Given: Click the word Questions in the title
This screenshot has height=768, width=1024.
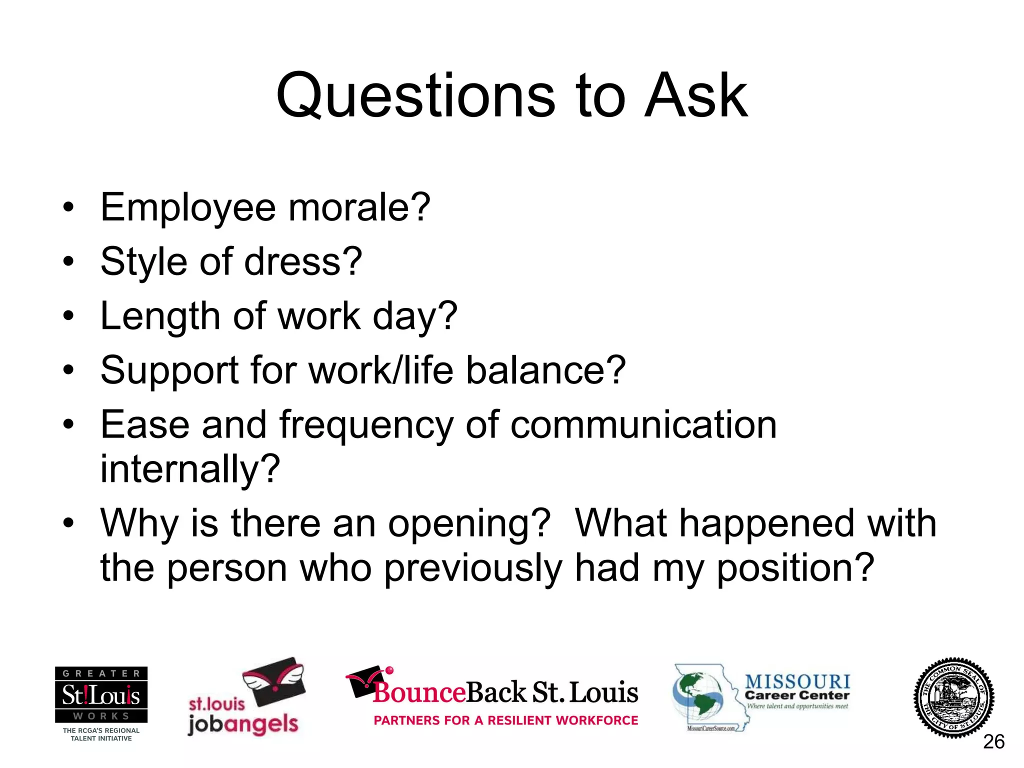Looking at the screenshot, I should (415, 96).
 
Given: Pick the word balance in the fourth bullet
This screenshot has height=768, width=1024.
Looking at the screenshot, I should (545, 370).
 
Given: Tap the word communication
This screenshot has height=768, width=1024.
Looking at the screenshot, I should (643, 425).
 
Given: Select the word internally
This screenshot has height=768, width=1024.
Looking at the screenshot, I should (190, 469).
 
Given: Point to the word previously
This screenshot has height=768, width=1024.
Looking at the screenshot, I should (473, 568).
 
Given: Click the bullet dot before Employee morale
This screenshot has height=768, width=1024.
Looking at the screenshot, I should (68, 207).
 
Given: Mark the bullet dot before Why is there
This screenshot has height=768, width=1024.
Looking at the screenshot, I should (68, 523).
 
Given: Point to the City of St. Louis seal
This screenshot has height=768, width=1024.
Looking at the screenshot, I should (953, 697).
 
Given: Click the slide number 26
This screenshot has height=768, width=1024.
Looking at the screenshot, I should (993, 741).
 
